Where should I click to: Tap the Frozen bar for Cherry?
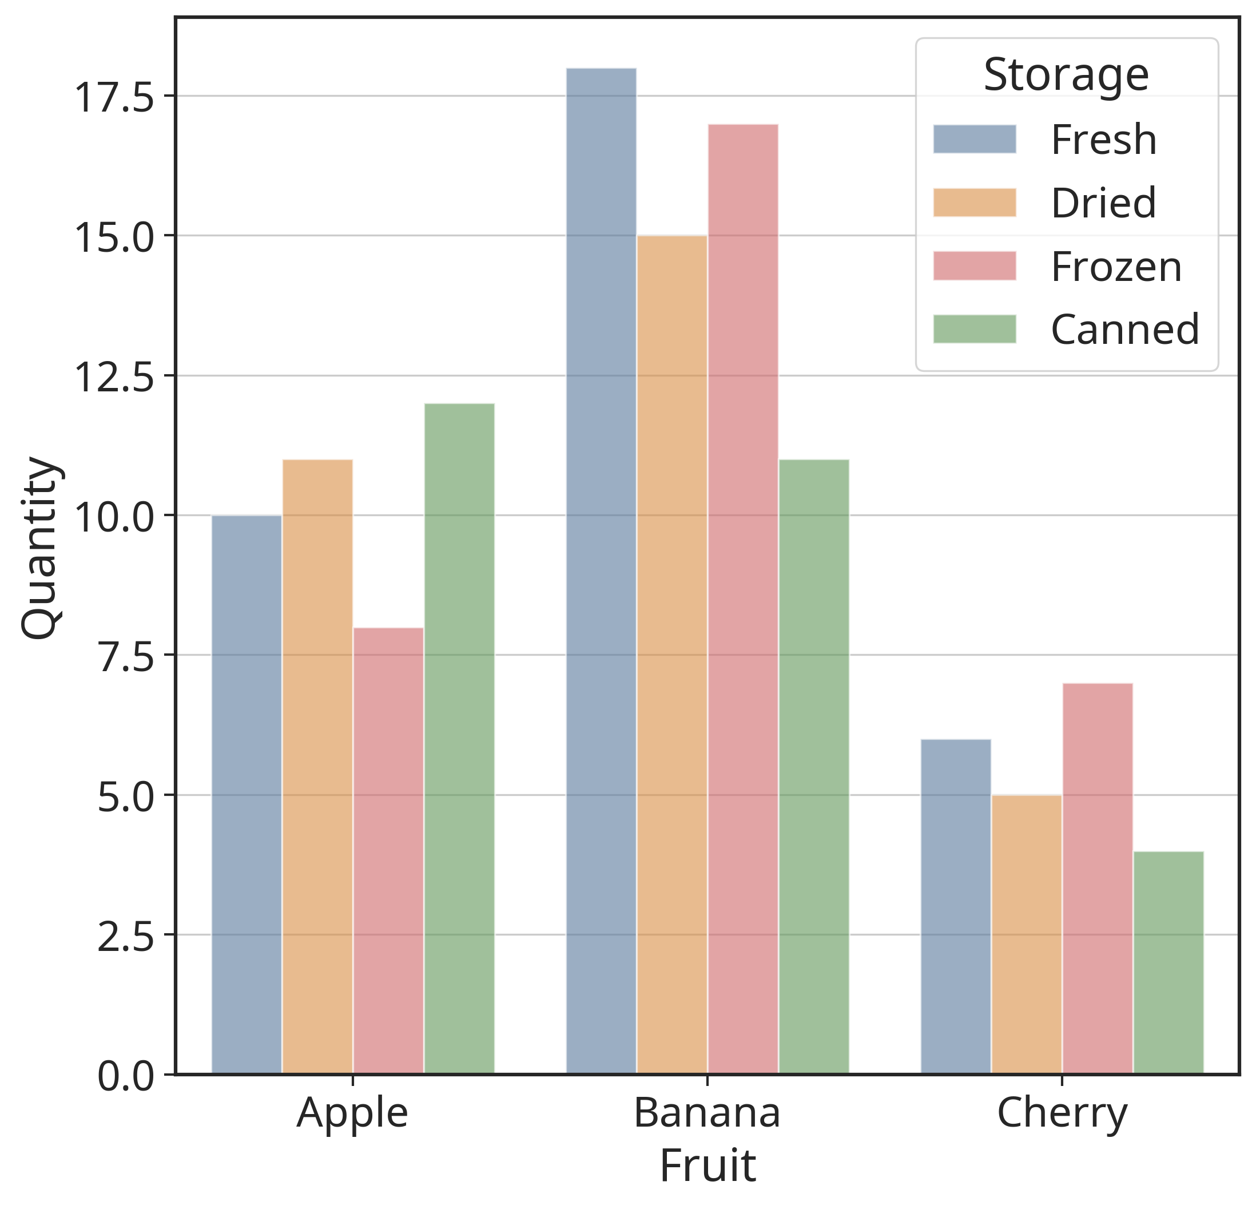1097,878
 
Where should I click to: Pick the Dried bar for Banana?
672,655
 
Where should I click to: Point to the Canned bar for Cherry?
1168,962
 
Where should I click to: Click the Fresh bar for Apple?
247,794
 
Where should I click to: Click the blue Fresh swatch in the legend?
974,139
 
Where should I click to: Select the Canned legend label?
1124,330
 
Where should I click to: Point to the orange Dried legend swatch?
974,203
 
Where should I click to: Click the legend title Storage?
1066,75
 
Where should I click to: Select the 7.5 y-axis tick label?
126,657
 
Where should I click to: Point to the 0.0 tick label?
126,1076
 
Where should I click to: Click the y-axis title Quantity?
41,548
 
